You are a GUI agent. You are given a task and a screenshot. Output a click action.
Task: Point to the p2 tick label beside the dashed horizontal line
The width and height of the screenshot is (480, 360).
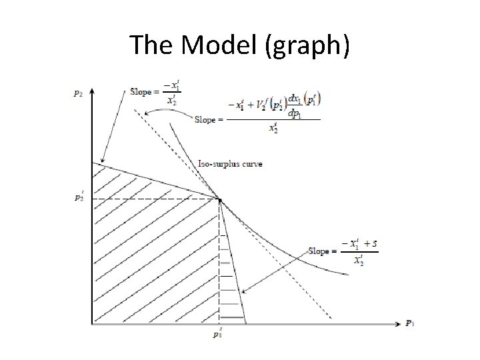click(x=79, y=198)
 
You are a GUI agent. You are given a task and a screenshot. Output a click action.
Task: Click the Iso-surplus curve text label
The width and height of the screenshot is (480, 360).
click(x=231, y=164)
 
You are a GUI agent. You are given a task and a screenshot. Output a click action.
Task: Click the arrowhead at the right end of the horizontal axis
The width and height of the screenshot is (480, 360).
click(x=399, y=324)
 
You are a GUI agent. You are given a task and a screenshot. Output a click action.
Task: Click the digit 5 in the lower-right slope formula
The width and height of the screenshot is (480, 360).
click(x=375, y=244)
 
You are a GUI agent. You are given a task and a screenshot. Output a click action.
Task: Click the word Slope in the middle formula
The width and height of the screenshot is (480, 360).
click(x=206, y=120)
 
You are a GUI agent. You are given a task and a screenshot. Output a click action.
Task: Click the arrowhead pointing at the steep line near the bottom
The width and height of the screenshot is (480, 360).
click(x=243, y=292)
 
